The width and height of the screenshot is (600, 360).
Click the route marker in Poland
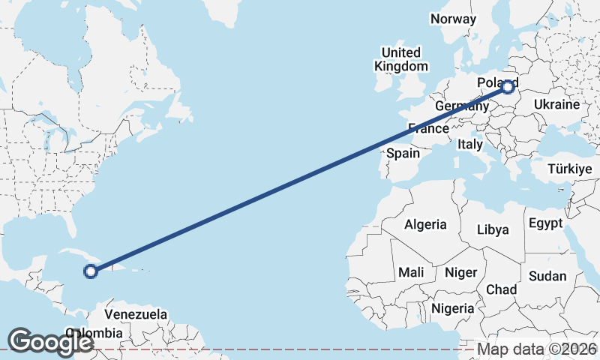click(508, 87)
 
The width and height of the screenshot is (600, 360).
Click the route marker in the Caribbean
click(91, 271)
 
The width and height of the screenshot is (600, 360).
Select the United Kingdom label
click(401, 59)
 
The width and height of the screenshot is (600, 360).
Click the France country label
click(428, 128)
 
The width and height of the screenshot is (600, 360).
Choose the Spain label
click(403, 153)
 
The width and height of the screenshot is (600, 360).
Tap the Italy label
click(470, 143)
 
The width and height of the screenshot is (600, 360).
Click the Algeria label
click(425, 224)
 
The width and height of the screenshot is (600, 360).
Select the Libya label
click(493, 229)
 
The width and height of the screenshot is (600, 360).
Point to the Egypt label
click(545, 223)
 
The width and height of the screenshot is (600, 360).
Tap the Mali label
click(411, 271)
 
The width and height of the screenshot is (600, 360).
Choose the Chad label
click(502, 289)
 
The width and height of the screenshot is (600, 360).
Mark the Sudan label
click(547, 276)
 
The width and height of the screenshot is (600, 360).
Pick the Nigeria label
click(453, 307)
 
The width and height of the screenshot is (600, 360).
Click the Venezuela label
click(136, 314)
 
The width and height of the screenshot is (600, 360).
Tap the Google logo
click(50, 342)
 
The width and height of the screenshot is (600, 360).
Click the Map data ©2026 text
click(537, 349)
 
